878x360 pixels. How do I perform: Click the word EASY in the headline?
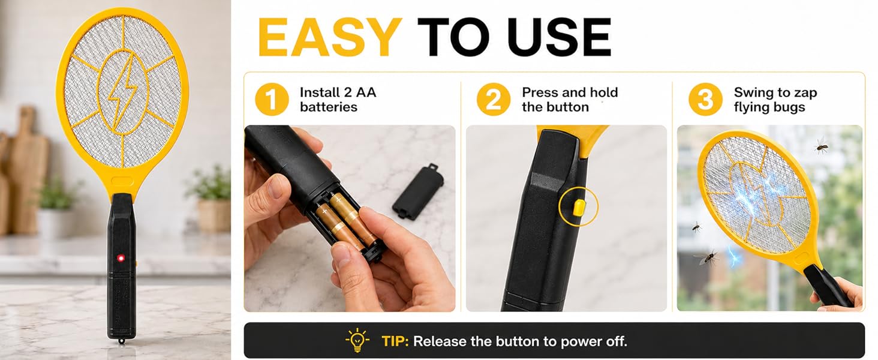pos(330,37)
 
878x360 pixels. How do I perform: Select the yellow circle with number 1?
pos(272,99)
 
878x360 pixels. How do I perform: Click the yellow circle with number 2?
pos(494,99)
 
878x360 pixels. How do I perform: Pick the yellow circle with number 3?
pos(705,99)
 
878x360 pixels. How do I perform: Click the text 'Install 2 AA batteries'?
pos(338,100)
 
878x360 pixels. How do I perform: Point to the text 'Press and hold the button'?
pos(570,100)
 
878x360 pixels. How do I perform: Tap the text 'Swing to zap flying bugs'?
pos(775,100)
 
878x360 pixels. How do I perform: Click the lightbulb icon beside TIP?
pos(357,340)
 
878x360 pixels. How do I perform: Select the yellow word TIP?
pos(395,341)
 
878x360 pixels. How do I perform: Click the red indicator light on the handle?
pos(121,258)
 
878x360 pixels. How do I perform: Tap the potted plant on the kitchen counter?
pos(210,200)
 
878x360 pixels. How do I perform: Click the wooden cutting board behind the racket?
pos(26,169)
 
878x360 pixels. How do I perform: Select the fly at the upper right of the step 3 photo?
pos(821,145)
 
